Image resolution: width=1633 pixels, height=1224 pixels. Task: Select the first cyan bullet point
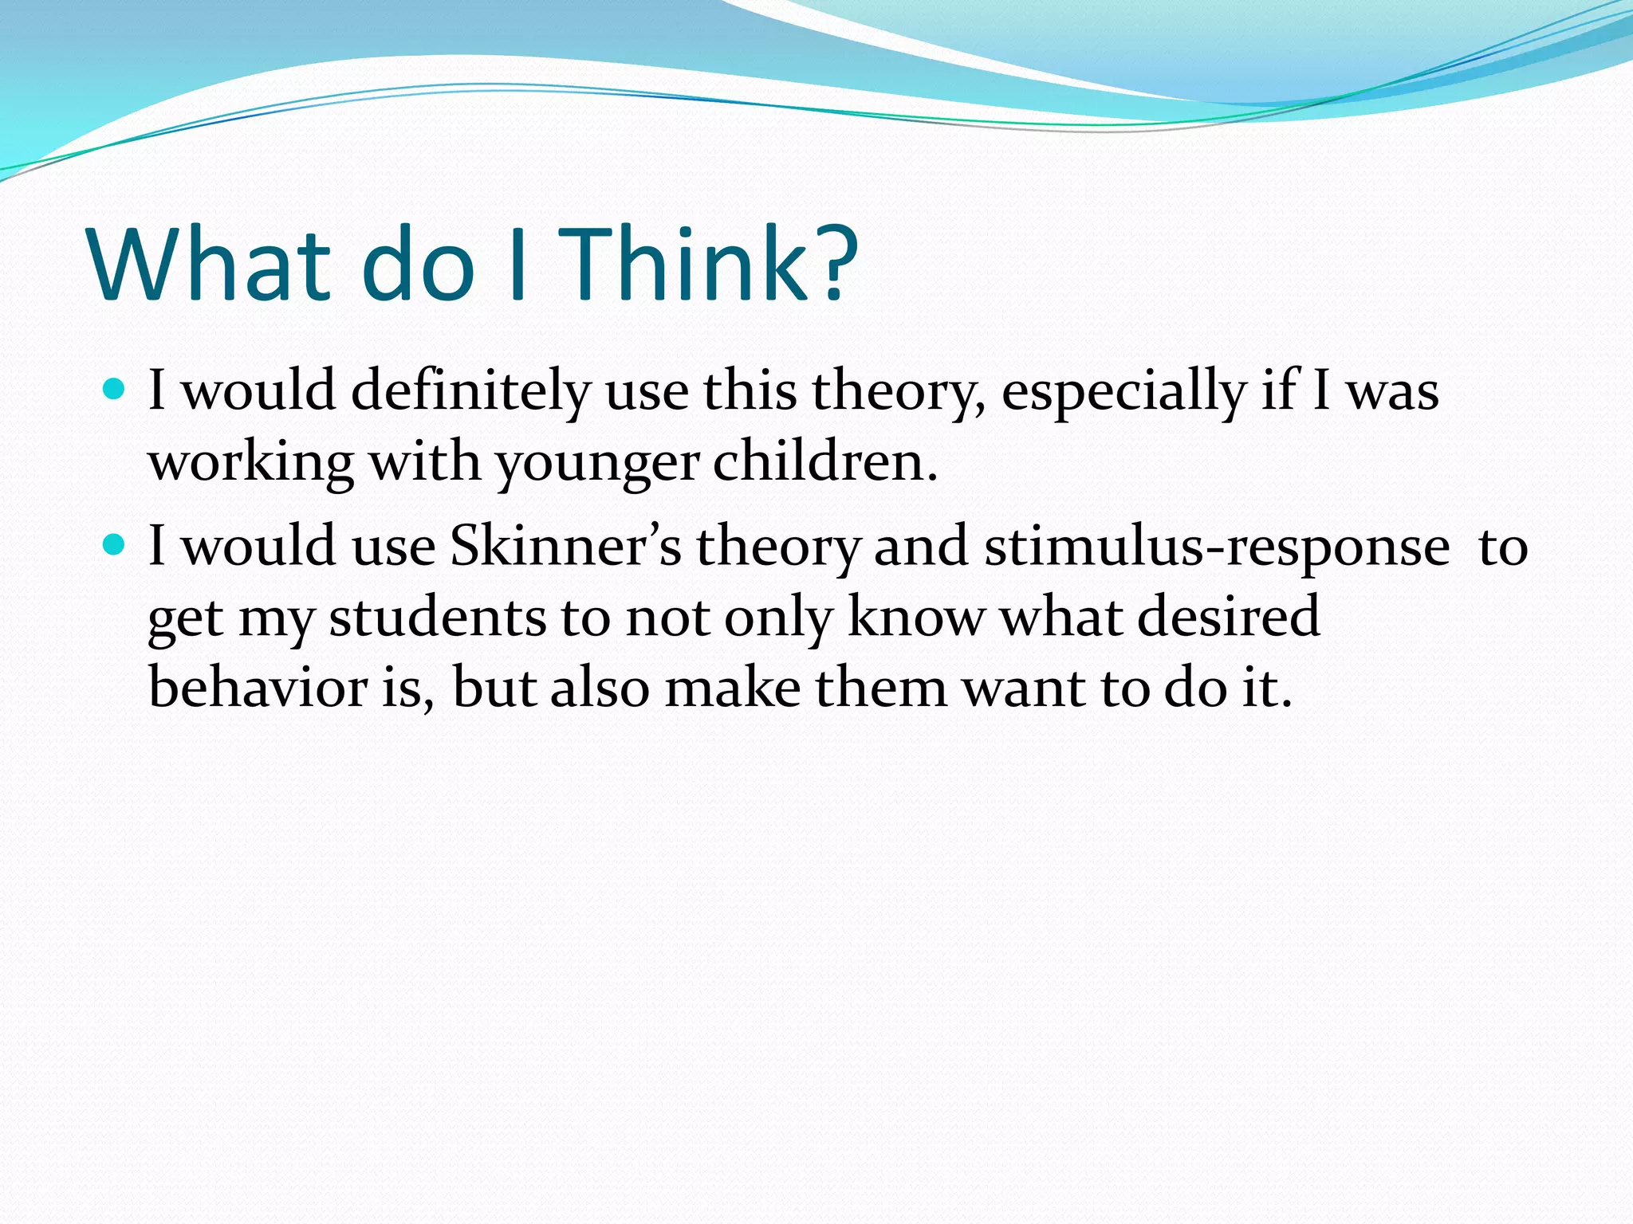116,390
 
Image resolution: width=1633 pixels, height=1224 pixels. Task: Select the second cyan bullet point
116,545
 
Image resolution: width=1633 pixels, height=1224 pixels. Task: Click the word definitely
470,391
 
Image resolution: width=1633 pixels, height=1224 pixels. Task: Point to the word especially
1123,391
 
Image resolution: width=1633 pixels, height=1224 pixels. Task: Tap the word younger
598,462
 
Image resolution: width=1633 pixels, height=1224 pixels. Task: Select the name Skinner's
566,547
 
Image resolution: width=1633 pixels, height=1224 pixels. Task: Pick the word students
437,617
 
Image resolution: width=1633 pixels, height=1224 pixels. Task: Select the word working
251,462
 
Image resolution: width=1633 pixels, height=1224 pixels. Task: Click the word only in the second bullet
778,617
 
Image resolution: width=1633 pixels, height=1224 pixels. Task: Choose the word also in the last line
600,687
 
